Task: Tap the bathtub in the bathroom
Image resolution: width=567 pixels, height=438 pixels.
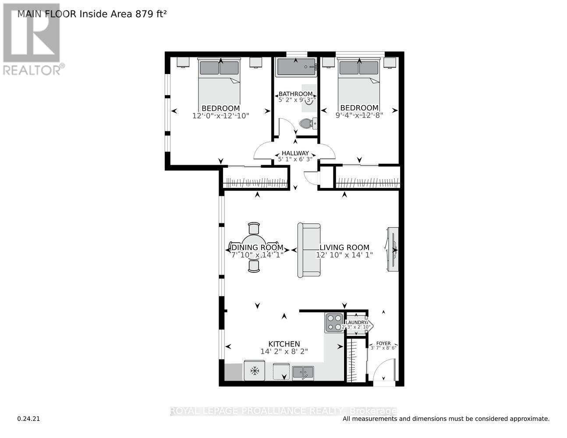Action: point(296,67)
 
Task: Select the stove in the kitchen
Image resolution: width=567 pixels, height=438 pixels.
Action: point(334,323)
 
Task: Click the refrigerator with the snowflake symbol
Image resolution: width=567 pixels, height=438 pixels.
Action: point(254,371)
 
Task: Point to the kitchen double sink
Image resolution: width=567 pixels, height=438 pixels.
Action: point(303,372)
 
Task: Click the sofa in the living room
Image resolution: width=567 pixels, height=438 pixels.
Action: point(308,250)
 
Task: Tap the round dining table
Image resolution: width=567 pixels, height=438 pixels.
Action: point(254,247)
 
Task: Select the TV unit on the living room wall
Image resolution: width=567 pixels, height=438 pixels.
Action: point(393,249)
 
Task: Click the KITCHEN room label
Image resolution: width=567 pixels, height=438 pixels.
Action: point(284,344)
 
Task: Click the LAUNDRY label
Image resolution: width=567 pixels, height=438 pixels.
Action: point(355,322)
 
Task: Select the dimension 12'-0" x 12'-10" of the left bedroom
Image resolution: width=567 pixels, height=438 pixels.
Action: point(220,116)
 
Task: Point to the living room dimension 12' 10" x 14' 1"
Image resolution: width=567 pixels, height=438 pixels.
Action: point(344,254)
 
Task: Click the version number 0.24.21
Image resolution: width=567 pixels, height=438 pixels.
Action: point(28,419)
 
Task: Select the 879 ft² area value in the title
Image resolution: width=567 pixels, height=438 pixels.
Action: point(150,14)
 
